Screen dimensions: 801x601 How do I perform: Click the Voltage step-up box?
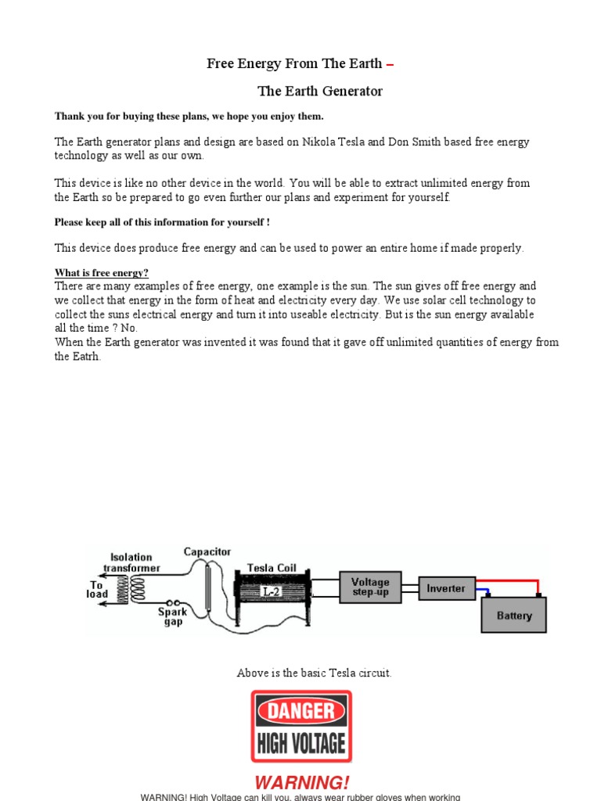pyautogui.click(x=370, y=587)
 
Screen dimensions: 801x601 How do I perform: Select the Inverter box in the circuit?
pyautogui.click(x=446, y=588)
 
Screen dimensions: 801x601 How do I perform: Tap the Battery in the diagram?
pyautogui.click(x=513, y=615)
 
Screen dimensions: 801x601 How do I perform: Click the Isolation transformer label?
pyautogui.click(x=131, y=562)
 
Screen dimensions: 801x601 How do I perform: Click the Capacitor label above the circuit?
pyautogui.click(x=207, y=551)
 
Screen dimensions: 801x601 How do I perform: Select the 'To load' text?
pyautogui.click(x=97, y=589)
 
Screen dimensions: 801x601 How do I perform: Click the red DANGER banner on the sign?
pyautogui.click(x=301, y=710)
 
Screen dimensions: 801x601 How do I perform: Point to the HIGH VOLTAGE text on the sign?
pyautogui.click(x=301, y=741)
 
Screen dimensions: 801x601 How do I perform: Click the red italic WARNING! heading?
pyautogui.click(x=302, y=782)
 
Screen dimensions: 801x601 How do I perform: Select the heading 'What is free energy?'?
pyautogui.click(x=101, y=273)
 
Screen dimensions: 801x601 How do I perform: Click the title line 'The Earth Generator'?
pyautogui.click(x=320, y=92)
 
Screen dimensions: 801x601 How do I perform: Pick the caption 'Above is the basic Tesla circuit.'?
pyautogui.click(x=314, y=673)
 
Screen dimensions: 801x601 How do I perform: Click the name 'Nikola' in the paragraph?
pyautogui.click(x=320, y=142)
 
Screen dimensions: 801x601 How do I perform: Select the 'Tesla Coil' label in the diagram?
pyautogui.click(x=271, y=567)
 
